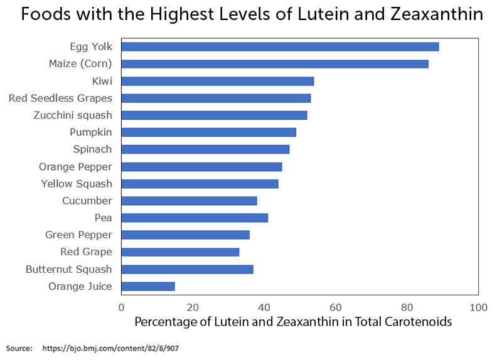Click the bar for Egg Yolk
click(280, 46)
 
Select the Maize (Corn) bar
click(275, 63)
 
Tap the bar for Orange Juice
click(148, 287)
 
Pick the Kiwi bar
click(217, 81)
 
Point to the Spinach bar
click(205, 149)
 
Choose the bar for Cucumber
click(189, 201)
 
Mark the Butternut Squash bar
click(187, 269)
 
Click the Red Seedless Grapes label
click(60, 98)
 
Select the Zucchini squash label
click(73, 115)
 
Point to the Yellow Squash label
click(77, 184)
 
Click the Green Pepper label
click(78, 235)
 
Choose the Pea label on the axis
click(103, 218)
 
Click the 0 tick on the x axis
click(121, 308)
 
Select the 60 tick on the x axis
click(336, 308)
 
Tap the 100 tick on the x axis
click(479, 308)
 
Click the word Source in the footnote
click(19, 347)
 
